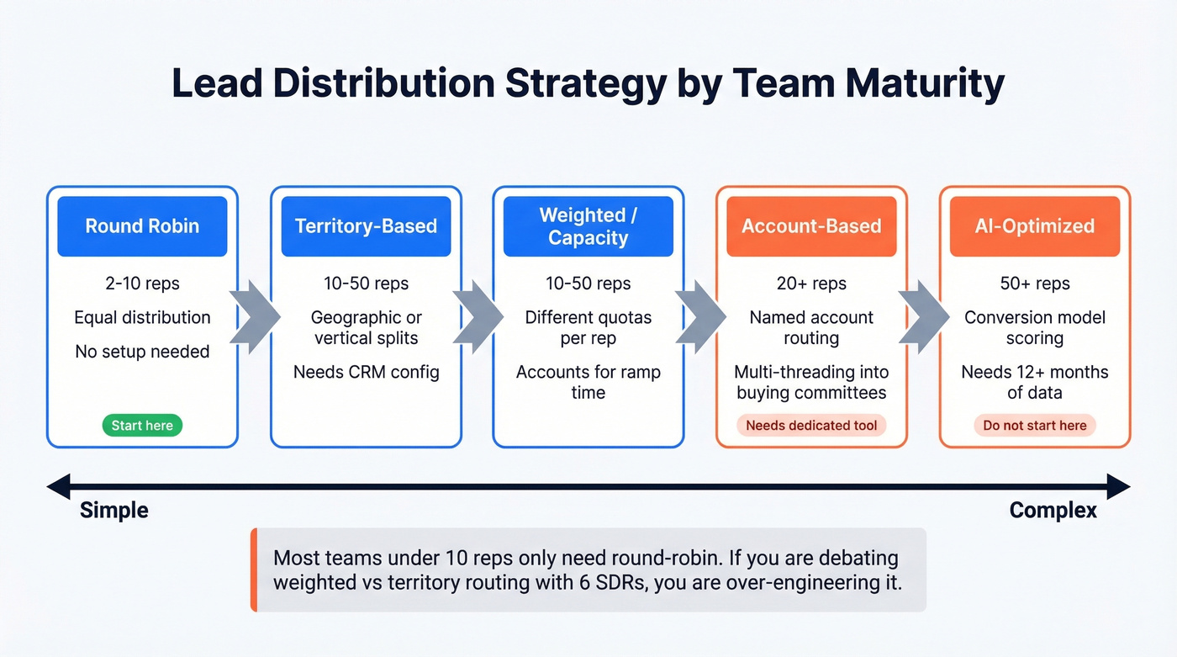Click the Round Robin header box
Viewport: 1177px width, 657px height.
click(142, 226)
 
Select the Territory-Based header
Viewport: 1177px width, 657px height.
click(366, 226)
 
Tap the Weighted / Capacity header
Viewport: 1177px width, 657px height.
click(588, 226)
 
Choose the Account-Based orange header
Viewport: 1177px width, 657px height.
click(811, 226)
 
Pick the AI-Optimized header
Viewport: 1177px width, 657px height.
click(1034, 226)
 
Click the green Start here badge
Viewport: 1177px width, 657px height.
click(142, 426)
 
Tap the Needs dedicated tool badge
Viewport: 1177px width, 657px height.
click(811, 426)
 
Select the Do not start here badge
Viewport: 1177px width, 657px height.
click(1034, 426)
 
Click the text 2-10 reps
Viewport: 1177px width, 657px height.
click(142, 283)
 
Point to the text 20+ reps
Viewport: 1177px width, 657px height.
click(811, 283)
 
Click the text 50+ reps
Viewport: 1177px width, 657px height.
click(1034, 283)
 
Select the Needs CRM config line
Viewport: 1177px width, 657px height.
click(366, 372)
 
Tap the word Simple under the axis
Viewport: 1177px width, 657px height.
click(113, 511)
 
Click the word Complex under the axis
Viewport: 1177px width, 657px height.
click(1053, 511)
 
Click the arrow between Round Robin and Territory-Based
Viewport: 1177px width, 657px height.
click(255, 317)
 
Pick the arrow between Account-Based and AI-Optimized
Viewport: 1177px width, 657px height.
click(923, 317)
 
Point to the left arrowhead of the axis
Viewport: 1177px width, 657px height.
click(57, 486)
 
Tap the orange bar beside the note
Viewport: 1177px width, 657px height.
click(253, 570)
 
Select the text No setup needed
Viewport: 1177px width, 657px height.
click(142, 352)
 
